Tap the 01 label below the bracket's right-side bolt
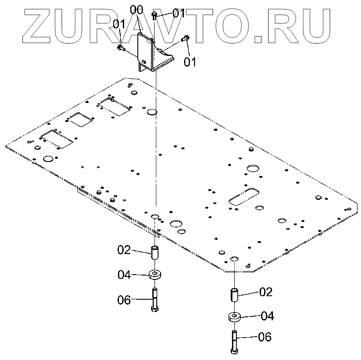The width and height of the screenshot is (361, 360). click(190, 61)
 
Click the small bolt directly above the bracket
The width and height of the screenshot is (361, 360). click(155, 15)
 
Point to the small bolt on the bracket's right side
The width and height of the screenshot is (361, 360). click(185, 39)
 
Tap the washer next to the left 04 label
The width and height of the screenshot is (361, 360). click(155, 275)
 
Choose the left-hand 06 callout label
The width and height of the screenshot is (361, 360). click(124, 300)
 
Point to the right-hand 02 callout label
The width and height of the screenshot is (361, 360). click(265, 292)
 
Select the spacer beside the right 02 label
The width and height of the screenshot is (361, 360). click(233, 294)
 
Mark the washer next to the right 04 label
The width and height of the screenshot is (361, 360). click(233, 316)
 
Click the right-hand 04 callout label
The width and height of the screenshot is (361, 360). click(267, 316)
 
